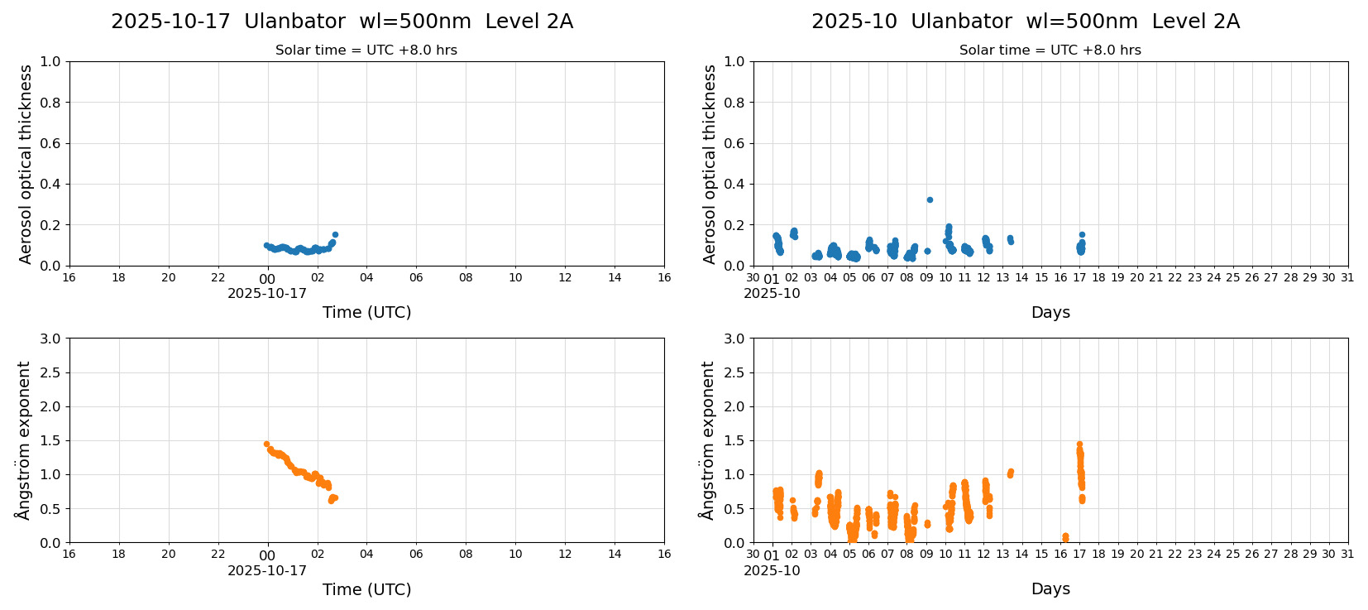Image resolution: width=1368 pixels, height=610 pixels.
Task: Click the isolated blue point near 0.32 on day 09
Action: (x=930, y=199)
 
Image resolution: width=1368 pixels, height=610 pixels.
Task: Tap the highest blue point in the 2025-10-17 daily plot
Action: (x=335, y=234)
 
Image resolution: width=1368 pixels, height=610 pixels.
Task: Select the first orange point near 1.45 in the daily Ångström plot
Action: (x=266, y=444)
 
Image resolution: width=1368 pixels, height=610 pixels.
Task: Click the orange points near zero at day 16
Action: (x=1065, y=537)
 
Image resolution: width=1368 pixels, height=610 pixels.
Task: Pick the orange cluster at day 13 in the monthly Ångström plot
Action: (x=1010, y=473)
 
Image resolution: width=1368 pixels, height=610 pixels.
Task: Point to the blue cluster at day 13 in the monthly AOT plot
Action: (x=1010, y=239)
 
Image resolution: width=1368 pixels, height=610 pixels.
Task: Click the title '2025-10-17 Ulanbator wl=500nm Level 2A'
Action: (x=342, y=22)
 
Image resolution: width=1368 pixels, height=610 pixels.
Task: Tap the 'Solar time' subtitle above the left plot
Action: (x=366, y=50)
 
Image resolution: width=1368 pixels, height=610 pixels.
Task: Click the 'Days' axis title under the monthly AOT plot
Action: (x=1050, y=312)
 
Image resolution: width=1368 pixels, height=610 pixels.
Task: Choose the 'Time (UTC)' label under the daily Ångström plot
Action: (x=366, y=589)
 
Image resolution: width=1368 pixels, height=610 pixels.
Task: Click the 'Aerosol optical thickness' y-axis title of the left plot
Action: (x=26, y=164)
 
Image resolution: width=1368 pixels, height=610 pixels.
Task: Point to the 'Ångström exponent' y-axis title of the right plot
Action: (x=707, y=440)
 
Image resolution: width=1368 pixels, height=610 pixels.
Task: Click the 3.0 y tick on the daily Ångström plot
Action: (x=50, y=339)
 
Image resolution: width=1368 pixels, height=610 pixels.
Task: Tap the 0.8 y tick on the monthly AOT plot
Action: (x=734, y=103)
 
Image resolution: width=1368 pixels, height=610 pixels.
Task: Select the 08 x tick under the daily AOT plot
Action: (x=466, y=277)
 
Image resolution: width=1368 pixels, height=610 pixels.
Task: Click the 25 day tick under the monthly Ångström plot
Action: (x=1232, y=554)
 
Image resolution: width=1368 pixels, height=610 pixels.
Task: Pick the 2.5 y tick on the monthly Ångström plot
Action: (x=734, y=372)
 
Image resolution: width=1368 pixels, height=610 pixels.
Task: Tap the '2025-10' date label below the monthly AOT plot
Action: (x=772, y=293)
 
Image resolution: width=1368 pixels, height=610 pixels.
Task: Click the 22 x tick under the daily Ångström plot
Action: (x=218, y=554)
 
